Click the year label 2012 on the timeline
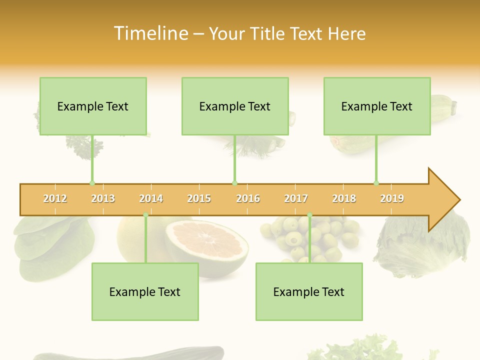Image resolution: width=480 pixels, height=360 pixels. pos(55,198)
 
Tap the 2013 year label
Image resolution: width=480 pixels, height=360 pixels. pos(103,198)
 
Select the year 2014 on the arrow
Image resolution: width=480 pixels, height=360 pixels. pos(151,198)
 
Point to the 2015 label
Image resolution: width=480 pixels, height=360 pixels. pos(199,198)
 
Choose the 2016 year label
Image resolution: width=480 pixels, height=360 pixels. pos(248,198)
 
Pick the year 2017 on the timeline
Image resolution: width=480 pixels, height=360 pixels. pos(296,198)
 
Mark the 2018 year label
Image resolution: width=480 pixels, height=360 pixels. pos(344,198)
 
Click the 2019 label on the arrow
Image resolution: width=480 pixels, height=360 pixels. pos(392,198)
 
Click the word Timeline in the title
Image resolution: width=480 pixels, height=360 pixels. pos(150,33)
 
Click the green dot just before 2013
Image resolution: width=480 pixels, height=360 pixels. pos(92,183)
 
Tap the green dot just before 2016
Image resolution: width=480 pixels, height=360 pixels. pos(234,183)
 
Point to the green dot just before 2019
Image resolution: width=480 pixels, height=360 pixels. pos(376,183)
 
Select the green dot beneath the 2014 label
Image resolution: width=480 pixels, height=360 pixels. pos(145,215)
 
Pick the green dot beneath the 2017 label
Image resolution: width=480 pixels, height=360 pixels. pos(309,215)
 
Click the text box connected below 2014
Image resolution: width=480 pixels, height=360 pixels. pos(145,291)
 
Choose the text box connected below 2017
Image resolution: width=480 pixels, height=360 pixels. pos(309,291)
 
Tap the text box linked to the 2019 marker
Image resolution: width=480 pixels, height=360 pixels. pos(377,106)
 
